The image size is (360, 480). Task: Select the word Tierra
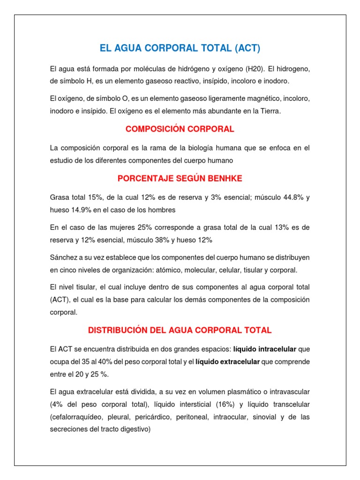[269, 111]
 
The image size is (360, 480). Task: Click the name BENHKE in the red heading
[227, 179]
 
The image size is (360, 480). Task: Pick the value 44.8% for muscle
[288, 197]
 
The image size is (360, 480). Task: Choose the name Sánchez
[63, 258]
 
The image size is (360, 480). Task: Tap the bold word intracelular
[275, 349]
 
